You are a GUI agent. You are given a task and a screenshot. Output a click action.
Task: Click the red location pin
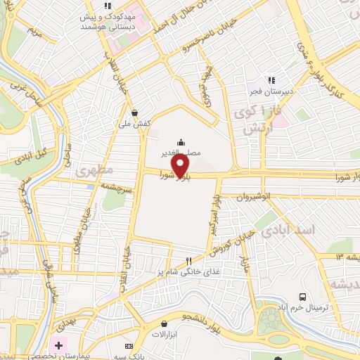(181, 166)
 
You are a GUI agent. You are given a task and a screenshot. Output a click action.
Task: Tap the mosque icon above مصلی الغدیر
(181, 141)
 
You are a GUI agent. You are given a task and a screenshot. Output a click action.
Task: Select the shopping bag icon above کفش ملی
(134, 112)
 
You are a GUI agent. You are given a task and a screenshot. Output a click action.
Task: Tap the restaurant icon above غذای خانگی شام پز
(188, 261)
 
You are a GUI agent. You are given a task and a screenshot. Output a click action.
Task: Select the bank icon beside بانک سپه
(129, 346)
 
